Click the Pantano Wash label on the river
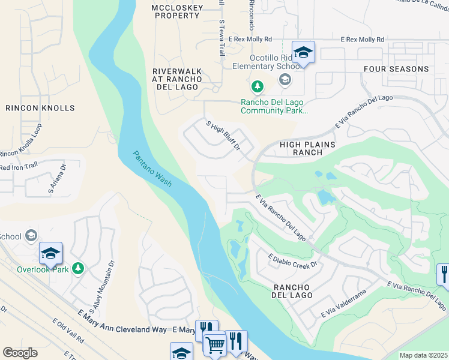(152, 169)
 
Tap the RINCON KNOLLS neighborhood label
(40, 108)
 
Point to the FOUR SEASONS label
(396, 69)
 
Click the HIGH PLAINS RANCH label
(306, 148)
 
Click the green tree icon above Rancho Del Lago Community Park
(258, 88)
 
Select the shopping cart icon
(215, 344)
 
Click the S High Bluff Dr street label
(223, 136)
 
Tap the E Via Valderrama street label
(343, 304)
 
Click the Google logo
(20, 353)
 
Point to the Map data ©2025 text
(423, 355)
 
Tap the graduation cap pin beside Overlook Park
(51, 253)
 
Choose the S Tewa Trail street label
(221, 37)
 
